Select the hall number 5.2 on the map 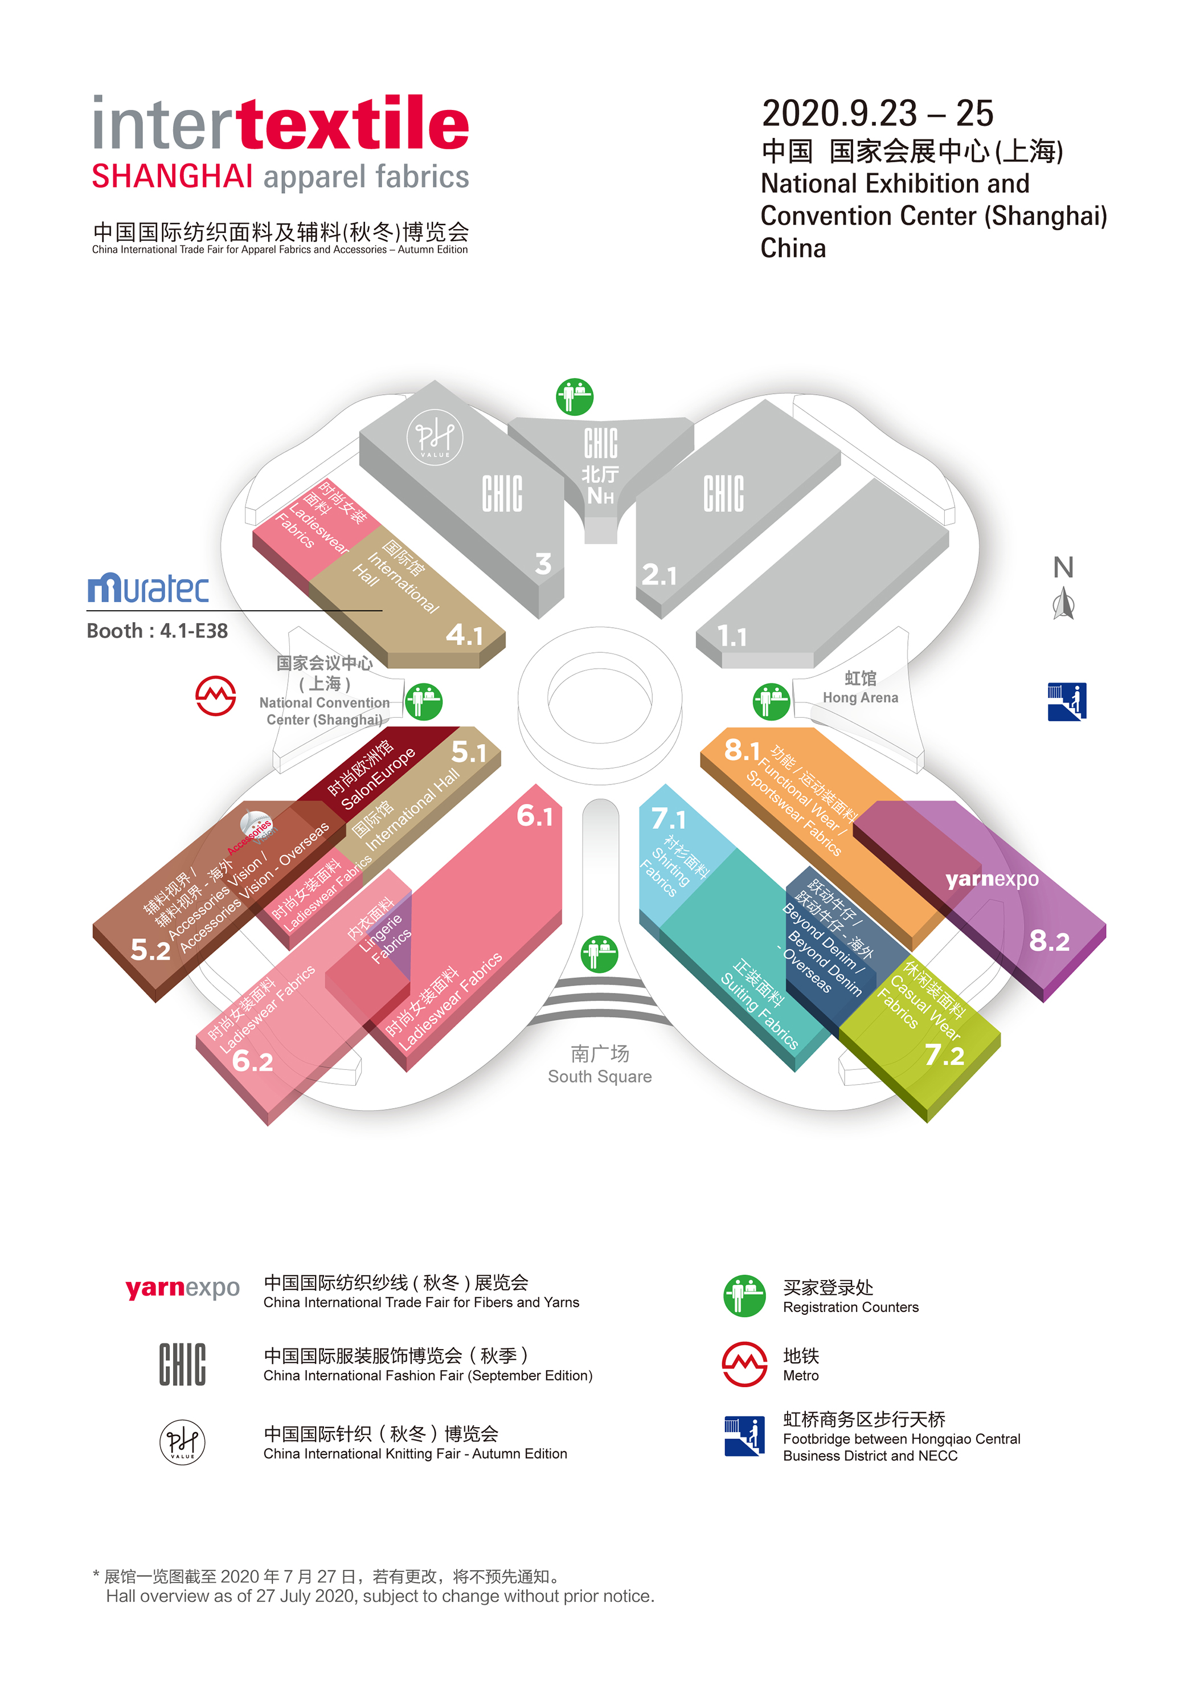[150, 950]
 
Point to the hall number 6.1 [534, 816]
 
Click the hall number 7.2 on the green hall [944, 1055]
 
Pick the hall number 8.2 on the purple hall [1048, 941]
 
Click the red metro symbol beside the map [215, 695]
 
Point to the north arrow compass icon [1063, 603]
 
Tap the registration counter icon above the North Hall [575, 397]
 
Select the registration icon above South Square [599, 954]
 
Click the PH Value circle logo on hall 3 [435, 438]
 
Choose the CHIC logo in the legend [182, 1364]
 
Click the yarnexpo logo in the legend [182, 1288]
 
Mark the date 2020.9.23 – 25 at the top [877, 113]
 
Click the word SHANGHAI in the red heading [173, 177]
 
